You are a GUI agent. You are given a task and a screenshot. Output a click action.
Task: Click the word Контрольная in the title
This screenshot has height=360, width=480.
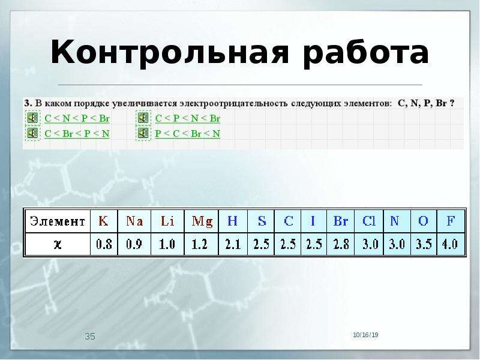click(x=170, y=52)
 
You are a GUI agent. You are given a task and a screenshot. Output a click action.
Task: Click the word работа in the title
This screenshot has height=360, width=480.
click(x=366, y=52)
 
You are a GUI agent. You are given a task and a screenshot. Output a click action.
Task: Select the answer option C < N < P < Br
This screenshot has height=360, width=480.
click(x=77, y=118)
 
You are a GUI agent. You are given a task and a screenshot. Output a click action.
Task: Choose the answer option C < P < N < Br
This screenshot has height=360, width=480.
click(x=188, y=118)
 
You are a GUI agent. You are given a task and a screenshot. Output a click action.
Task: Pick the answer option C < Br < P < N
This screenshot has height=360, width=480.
click(x=77, y=133)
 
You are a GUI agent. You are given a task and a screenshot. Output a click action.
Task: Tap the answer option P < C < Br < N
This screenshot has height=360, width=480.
click(x=188, y=133)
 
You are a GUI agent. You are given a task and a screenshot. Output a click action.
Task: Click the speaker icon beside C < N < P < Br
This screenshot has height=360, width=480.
click(x=32, y=118)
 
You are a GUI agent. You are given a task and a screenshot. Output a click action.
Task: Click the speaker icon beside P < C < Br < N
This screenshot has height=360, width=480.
click(x=143, y=133)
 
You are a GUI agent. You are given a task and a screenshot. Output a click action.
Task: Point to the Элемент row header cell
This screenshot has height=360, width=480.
click(x=57, y=221)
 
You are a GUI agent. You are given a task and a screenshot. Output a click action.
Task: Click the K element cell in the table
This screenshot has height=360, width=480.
click(x=104, y=221)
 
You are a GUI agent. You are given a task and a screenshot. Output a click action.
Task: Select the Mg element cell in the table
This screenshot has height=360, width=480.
click(x=202, y=221)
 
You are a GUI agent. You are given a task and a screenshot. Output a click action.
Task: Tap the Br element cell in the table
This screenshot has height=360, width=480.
click(x=340, y=221)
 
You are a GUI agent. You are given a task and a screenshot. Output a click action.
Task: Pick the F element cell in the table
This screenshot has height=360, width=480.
click(x=451, y=221)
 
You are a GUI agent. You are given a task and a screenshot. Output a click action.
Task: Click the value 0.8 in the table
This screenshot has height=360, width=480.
click(x=104, y=244)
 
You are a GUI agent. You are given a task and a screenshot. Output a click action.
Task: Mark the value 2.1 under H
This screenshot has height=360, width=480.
click(x=233, y=244)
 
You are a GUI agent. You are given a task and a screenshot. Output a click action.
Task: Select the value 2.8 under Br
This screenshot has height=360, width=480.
click(x=341, y=244)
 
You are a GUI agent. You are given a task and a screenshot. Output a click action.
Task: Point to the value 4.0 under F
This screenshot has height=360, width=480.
click(x=450, y=244)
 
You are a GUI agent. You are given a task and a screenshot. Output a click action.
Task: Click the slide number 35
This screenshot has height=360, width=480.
click(x=90, y=337)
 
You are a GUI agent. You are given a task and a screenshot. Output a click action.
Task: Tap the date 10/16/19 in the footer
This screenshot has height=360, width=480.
click(x=365, y=335)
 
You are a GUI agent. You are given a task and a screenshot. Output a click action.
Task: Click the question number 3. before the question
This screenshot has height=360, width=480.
click(x=28, y=103)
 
